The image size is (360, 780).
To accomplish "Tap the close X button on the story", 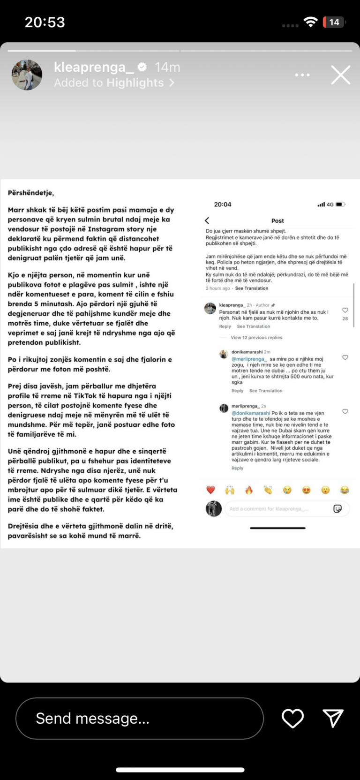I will click(340, 75).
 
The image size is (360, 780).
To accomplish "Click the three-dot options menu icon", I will click(302, 75).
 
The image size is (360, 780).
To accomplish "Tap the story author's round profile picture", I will click(27, 75).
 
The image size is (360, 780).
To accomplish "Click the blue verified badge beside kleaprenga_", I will click(142, 68).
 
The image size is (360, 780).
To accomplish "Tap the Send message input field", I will click(139, 718).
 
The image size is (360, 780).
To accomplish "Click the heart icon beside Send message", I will click(292, 718).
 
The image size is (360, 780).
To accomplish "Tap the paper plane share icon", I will click(333, 718).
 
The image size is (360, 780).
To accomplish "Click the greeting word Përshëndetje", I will click(31, 193).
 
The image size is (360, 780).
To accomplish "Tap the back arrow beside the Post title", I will click(207, 220).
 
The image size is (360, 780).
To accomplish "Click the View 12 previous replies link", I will click(256, 338).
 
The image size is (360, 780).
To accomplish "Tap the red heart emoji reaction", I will click(210, 490).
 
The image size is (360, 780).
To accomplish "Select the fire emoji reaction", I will click(249, 490).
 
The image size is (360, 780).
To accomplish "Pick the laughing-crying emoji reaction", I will click(345, 490).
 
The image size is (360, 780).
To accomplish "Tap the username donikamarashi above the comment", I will click(247, 352).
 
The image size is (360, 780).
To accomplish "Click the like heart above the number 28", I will click(345, 310).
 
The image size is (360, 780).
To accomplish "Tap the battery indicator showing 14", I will click(334, 22).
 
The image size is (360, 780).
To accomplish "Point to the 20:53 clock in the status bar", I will click(45, 22).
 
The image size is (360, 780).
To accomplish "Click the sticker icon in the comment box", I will click(337, 509).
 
